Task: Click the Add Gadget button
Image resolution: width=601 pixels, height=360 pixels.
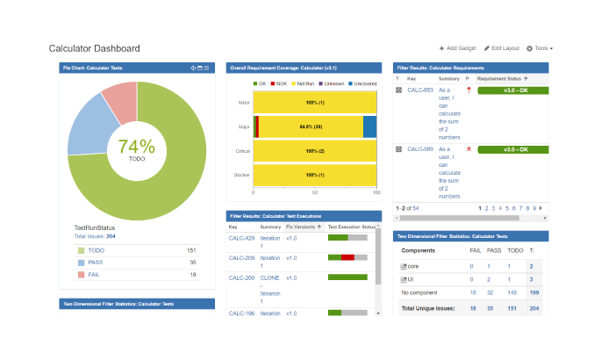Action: (x=458, y=48)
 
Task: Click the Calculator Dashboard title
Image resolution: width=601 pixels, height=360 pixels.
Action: (x=94, y=48)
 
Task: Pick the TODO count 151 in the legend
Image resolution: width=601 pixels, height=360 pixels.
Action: (x=191, y=250)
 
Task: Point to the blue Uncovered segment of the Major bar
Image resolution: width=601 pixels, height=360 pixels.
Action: (x=369, y=126)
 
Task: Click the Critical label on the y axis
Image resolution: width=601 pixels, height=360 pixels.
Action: (x=243, y=151)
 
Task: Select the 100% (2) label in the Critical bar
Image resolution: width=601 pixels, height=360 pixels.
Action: (x=315, y=151)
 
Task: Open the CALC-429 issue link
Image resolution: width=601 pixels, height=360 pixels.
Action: (x=241, y=238)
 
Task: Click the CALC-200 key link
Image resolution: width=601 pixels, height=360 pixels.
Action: (x=241, y=277)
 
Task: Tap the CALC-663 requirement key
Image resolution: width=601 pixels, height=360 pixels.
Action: (x=420, y=90)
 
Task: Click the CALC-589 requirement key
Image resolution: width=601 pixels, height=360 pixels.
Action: (x=420, y=149)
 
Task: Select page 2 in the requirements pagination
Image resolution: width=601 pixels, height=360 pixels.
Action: (x=486, y=208)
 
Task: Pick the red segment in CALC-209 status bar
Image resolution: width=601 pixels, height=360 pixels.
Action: (x=347, y=257)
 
